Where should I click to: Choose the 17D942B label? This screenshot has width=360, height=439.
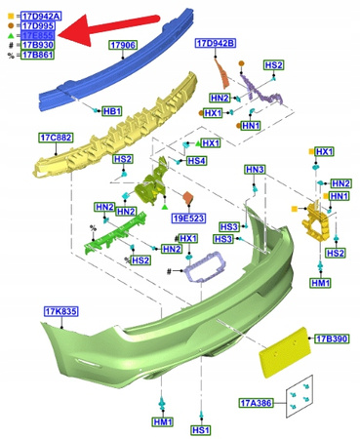[215, 45]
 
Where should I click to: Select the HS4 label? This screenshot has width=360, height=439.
[196, 161]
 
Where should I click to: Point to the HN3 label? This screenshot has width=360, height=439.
[255, 171]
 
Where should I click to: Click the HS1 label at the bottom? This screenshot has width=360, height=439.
[201, 429]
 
